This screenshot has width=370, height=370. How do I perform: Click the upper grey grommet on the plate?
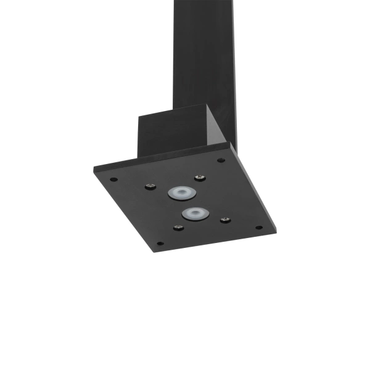180,193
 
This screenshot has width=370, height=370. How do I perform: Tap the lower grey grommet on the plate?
194,215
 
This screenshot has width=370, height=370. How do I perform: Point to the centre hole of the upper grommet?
180,193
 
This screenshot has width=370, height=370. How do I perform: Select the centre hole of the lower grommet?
194,215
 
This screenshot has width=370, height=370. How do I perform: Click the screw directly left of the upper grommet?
150,186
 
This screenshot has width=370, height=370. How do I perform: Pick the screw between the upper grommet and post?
199,178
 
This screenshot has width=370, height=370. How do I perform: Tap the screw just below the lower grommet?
178,228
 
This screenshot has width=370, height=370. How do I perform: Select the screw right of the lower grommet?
225,220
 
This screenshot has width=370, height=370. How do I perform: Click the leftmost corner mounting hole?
114,180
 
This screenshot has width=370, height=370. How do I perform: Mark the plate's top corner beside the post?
230,144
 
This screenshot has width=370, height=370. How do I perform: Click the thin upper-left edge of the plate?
160,158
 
